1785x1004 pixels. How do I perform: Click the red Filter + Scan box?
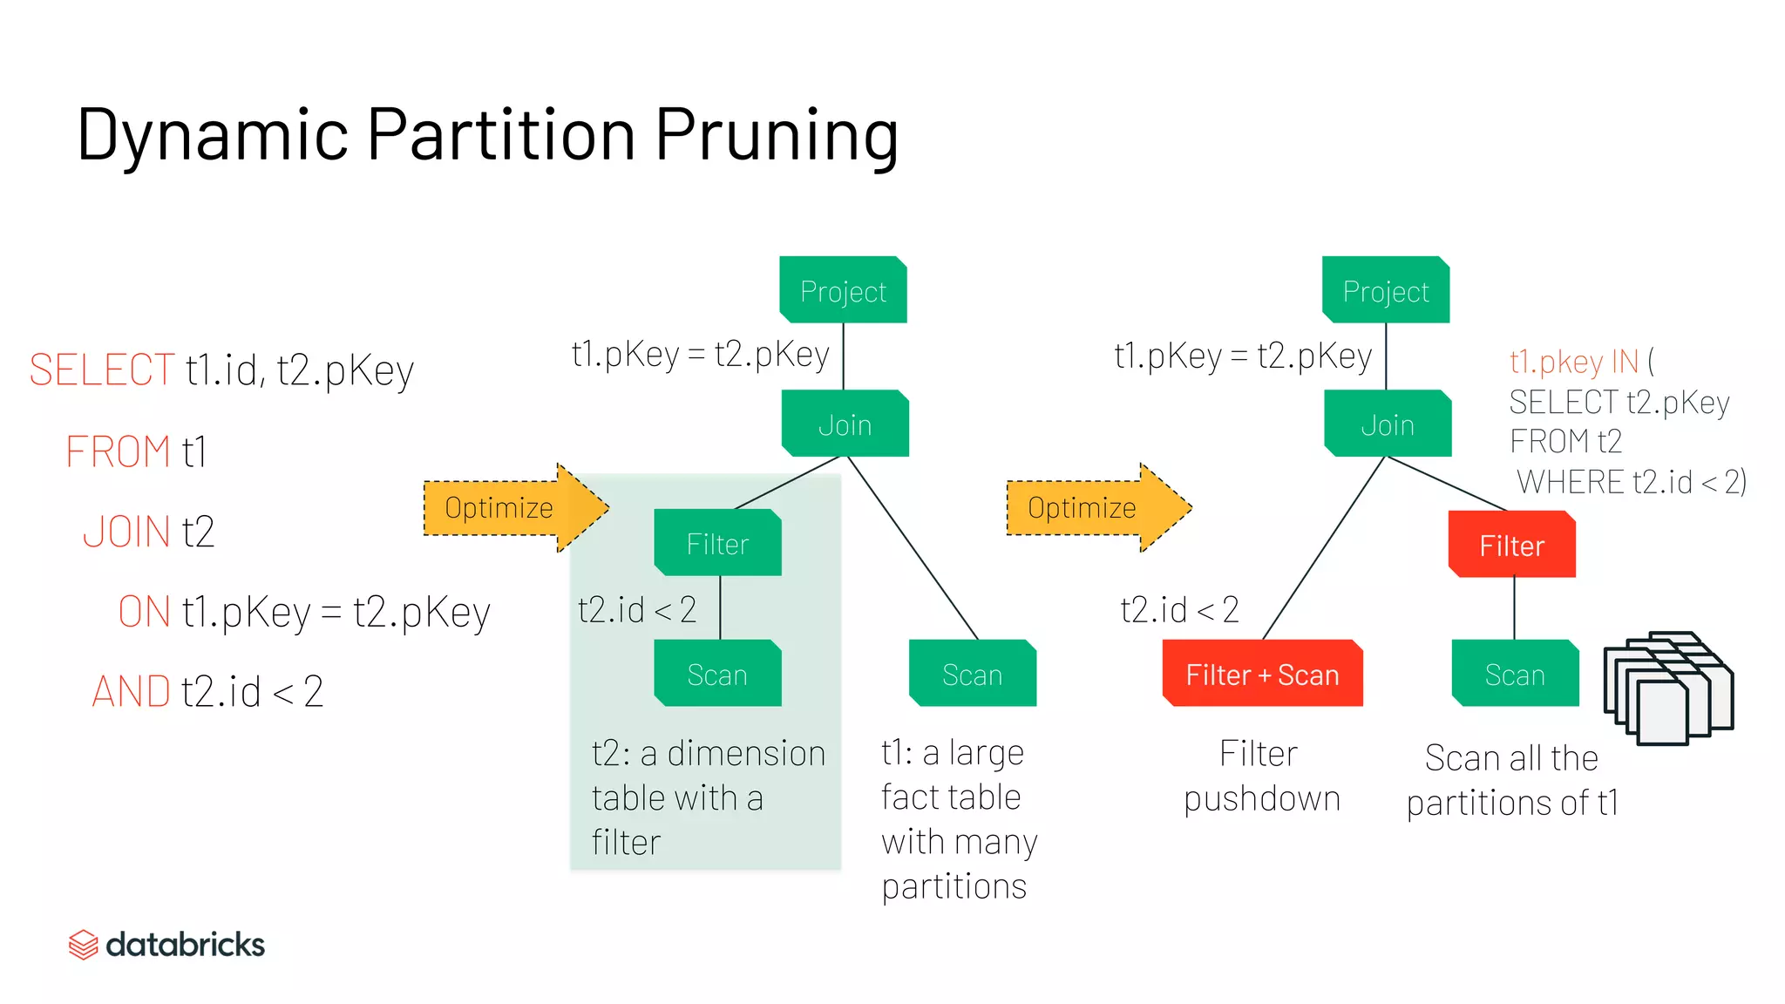(x=1262, y=674)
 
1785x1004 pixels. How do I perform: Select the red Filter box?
(x=1512, y=545)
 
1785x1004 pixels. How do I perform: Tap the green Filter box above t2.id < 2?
(x=717, y=543)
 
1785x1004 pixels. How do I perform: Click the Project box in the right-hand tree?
(x=1386, y=290)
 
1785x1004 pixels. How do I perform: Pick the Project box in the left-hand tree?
(x=843, y=290)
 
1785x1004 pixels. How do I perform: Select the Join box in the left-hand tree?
(x=845, y=424)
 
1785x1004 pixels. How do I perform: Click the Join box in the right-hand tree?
(x=1388, y=424)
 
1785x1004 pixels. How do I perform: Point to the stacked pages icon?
(x=1667, y=688)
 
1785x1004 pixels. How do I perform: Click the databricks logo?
(x=166, y=944)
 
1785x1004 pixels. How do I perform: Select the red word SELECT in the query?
(x=102, y=370)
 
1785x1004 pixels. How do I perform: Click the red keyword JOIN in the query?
(x=126, y=532)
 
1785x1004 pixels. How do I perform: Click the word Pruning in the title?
(x=776, y=135)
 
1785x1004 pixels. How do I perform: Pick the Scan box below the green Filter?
(x=717, y=674)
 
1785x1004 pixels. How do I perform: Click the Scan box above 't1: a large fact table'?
(x=972, y=674)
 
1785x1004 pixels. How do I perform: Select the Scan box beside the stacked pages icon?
(x=1515, y=674)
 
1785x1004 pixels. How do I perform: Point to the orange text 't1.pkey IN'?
(x=1574, y=361)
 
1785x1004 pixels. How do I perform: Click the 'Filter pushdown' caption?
(x=1261, y=776)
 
